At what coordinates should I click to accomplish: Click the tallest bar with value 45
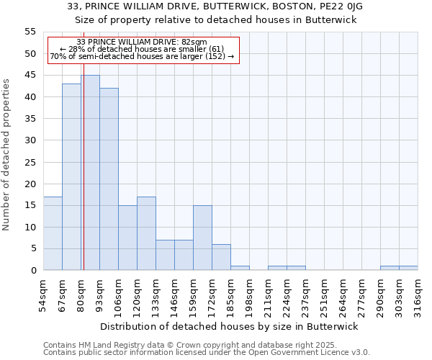(90, 173)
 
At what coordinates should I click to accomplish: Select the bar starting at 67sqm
(71, 177)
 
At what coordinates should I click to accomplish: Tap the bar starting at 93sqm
(109, 179)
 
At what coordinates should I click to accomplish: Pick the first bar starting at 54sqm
(53, 233)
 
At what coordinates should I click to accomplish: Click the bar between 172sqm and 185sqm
(221, 257)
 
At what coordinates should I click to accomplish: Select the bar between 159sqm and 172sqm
(202, 238)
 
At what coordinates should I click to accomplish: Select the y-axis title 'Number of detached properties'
(7, 155)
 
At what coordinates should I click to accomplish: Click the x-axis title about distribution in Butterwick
(229, 326)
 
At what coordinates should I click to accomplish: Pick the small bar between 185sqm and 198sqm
(240, 268)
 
